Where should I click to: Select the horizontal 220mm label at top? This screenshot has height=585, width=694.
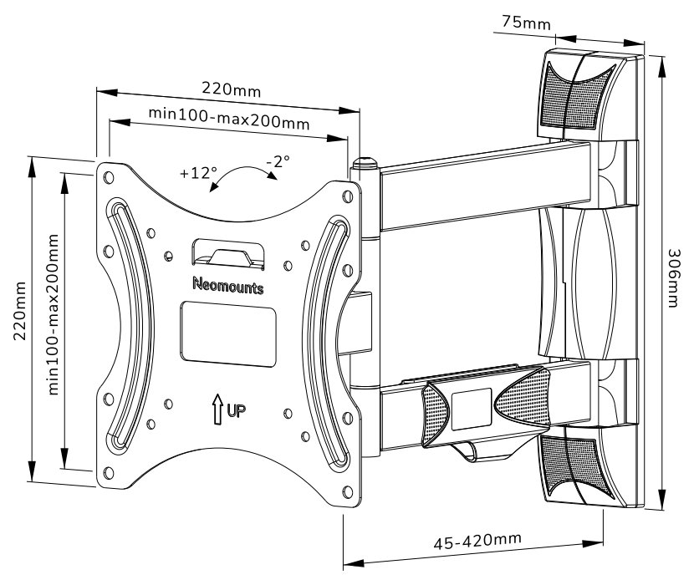tap(229, 88)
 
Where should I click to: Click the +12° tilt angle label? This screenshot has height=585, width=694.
tap(198, 173)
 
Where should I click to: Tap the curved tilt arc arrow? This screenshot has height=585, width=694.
tap(242, 172)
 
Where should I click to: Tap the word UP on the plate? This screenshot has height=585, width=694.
tap(237, 411)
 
